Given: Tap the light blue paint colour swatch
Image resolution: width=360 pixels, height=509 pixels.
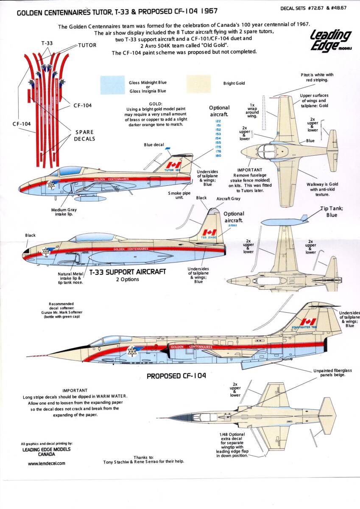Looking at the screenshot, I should pos(112,84).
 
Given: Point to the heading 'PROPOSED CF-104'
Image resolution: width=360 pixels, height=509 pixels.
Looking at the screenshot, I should pos(176,376).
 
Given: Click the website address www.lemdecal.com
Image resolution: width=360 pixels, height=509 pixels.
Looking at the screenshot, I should pos(47,464).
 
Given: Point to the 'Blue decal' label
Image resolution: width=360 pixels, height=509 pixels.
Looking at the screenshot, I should pos(153,145).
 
